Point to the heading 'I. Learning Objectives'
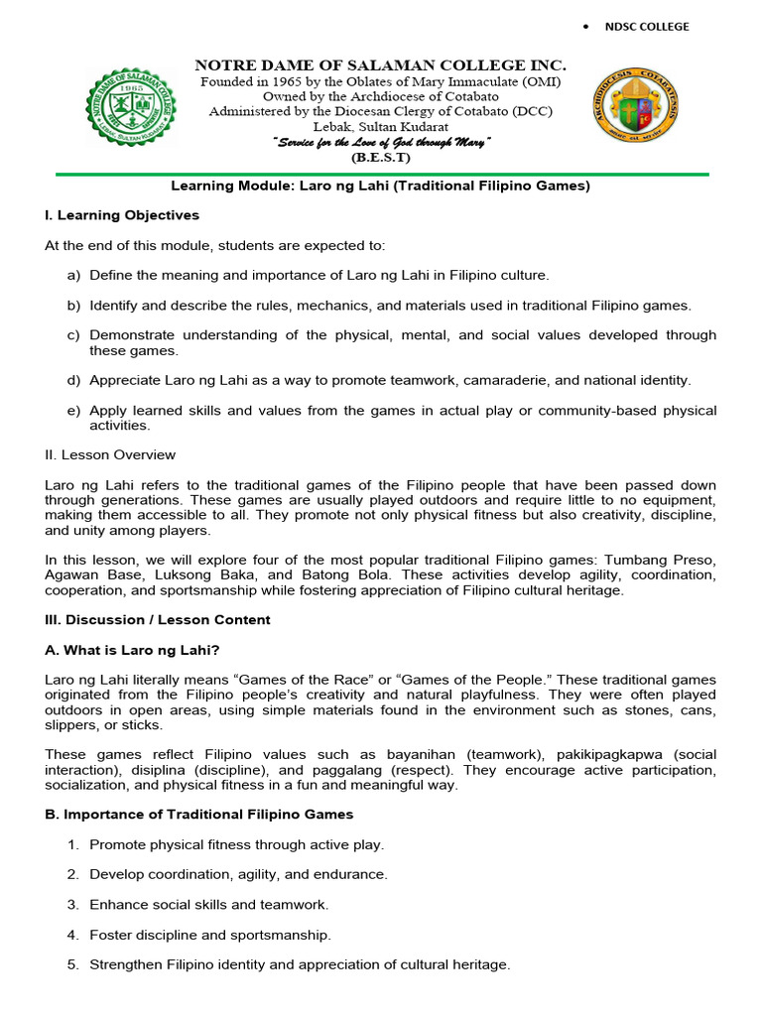click(x=122, y=215)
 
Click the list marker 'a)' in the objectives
click(x=73, y=275)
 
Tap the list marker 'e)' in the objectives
click(x=73, y=410)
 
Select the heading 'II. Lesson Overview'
click(x=110, y=454)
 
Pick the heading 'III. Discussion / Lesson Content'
click(x=158, y=620)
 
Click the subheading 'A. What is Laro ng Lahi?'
click(x=133, y=650)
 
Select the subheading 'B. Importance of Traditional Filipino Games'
click(x=199, y=815)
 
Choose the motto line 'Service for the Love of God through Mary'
click(x=382, y=143)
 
